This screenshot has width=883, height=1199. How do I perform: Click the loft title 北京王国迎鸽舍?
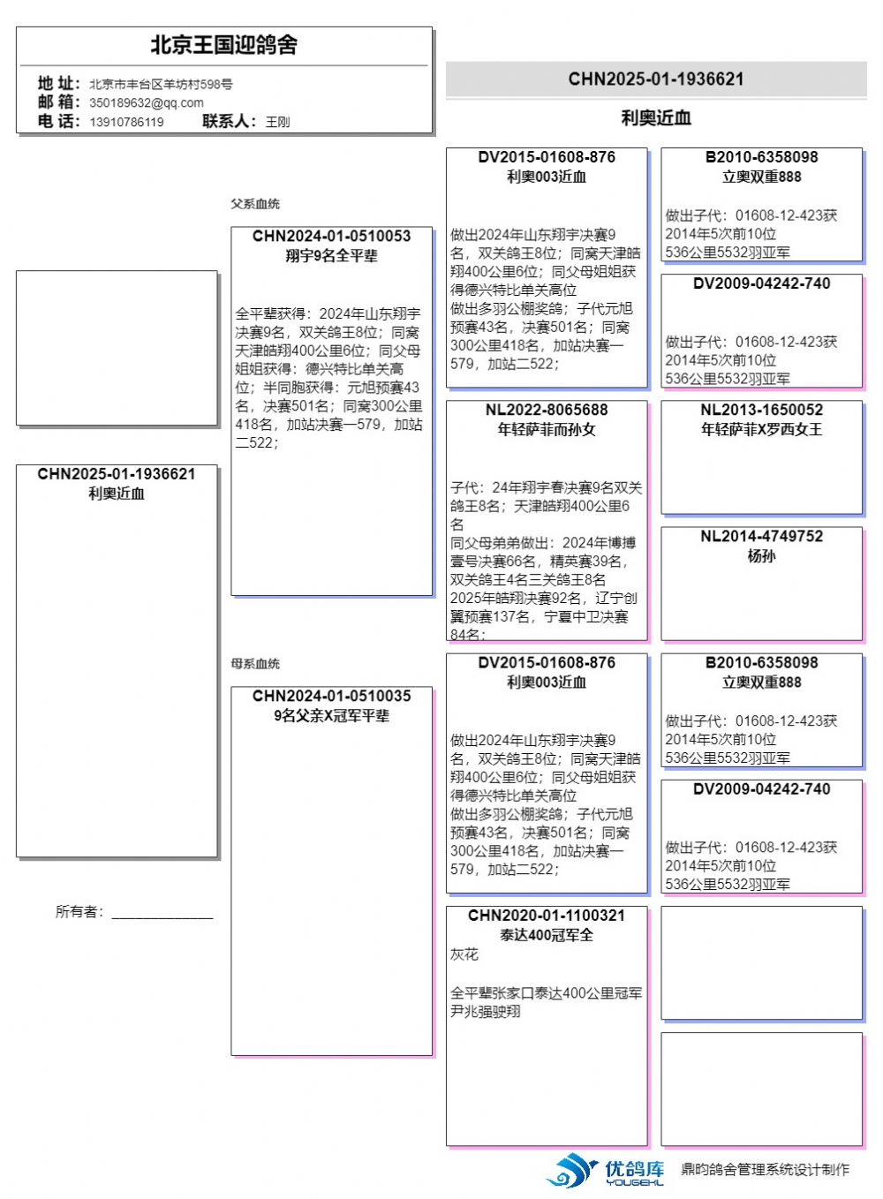click(x=223, y=45)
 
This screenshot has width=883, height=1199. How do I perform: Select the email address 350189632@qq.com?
click(x=146, y=102)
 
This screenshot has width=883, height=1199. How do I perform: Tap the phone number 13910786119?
click(x=126, y=122)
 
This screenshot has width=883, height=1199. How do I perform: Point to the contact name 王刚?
click(x=277, y=122)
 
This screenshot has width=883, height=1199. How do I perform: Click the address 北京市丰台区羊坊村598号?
click(x=161, y=84)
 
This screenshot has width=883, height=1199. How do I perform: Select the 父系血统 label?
click(x=255, y=204)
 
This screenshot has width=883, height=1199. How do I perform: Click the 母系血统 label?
click(x=255, y=664)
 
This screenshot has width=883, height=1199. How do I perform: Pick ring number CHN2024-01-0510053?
click(x=331, y=237)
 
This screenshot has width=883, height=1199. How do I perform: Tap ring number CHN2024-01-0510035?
click(x=331, y=697)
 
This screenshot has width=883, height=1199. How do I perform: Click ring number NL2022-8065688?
click(x=547, y=411)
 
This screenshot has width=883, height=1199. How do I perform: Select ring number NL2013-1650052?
click(x=761, y=411)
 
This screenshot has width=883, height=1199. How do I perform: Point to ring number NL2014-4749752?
click(x=761, y=537)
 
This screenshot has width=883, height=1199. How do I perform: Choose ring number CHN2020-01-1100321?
click(x=547, y=916)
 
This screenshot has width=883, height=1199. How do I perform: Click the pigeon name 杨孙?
click(x=761, y=556)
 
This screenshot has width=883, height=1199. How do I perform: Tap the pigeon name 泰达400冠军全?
click(x=547, y=935)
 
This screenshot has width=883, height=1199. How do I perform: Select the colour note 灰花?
click(x=464, y=954)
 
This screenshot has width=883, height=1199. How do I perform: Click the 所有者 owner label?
click(x=79, y=912)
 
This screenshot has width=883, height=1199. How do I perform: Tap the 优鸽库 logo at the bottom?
click(x=606, y=1170)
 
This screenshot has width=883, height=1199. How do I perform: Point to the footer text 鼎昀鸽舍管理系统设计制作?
click(x=765, y=1170)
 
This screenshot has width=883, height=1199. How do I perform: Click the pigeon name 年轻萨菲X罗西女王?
click(x=761, y=430)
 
